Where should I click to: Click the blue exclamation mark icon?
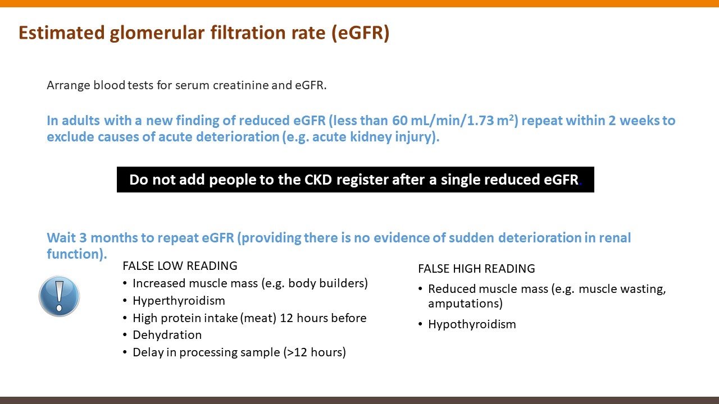coord(59,296)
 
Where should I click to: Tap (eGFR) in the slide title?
coord(361,33)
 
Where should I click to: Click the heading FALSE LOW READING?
coord(180,266)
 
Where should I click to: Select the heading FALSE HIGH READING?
coord(477,268)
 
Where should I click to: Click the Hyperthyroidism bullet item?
coord(179,301)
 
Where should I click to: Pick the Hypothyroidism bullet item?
coord(472,324)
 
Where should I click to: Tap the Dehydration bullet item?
coord(167,335)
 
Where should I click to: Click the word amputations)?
coord(466,304)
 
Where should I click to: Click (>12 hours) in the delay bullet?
coord(315,352)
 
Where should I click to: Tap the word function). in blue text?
coord(77,254)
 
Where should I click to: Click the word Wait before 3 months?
coord(61,238)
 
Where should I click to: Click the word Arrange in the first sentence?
coord(69,86)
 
